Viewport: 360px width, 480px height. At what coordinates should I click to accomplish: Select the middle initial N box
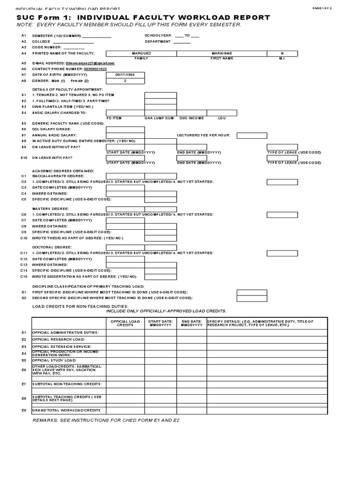[x=282, y=53]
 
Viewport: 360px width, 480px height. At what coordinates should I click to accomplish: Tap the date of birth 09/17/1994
[x=125, y=75]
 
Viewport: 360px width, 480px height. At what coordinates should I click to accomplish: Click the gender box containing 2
[x=125, y=81]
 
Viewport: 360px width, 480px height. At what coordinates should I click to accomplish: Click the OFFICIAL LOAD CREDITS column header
[x=125, y=323]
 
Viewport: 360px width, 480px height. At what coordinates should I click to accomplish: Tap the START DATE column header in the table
[x=160, y=323]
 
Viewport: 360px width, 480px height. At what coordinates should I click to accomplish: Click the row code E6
[x=24, y=370]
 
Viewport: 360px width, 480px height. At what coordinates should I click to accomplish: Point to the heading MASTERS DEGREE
[x=50, y=208]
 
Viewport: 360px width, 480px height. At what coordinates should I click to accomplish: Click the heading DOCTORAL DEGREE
[x=51, y=247]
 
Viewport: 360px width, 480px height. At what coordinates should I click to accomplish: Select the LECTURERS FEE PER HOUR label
[x=203, y=135]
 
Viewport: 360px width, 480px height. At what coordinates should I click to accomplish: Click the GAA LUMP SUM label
[x=159, y=118]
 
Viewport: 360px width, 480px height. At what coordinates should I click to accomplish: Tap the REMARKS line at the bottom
[x=105, y=420]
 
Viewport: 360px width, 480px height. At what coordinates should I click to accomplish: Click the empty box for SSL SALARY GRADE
[x=125, y=129]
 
